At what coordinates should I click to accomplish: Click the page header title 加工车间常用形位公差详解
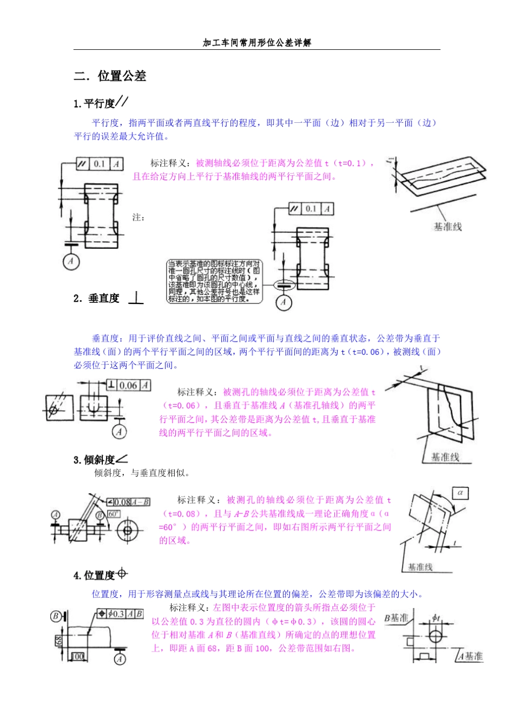click(x=256, y=43)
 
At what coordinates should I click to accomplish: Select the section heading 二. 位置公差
click(x=110, y=76)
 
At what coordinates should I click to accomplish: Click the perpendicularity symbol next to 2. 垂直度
click(x=136, y=298)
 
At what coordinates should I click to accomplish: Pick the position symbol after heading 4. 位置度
click(x=122, y=573)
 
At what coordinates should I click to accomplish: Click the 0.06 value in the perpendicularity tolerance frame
click(x=128, y=385)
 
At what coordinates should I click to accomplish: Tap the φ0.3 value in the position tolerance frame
click(x=116, y=614)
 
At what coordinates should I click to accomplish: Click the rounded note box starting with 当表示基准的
click(x=214, y=281)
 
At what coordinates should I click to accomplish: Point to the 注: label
click(x=139, y=217)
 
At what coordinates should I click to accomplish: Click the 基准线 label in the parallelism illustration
click(x=447, y=227)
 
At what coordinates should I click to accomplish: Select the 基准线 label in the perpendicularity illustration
click(x=445, y=457)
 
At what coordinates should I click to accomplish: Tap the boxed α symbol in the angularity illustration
click(x=460, y=493)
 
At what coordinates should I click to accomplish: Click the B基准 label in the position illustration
click(x=396, y=618)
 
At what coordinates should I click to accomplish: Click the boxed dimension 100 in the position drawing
click(x=78, y=656)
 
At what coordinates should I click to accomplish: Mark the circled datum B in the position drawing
click(x=56, y=616)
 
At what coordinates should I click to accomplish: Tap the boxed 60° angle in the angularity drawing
click(x=114, y=514)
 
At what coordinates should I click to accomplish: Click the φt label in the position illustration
click(x=436, y=617)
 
